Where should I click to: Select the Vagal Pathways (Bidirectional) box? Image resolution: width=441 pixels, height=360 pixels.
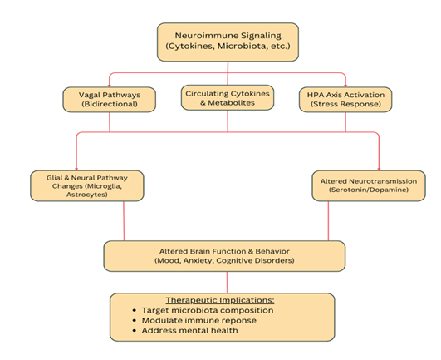coord(110,101)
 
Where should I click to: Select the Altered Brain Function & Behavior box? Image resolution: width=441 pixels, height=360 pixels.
coord(223,255)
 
